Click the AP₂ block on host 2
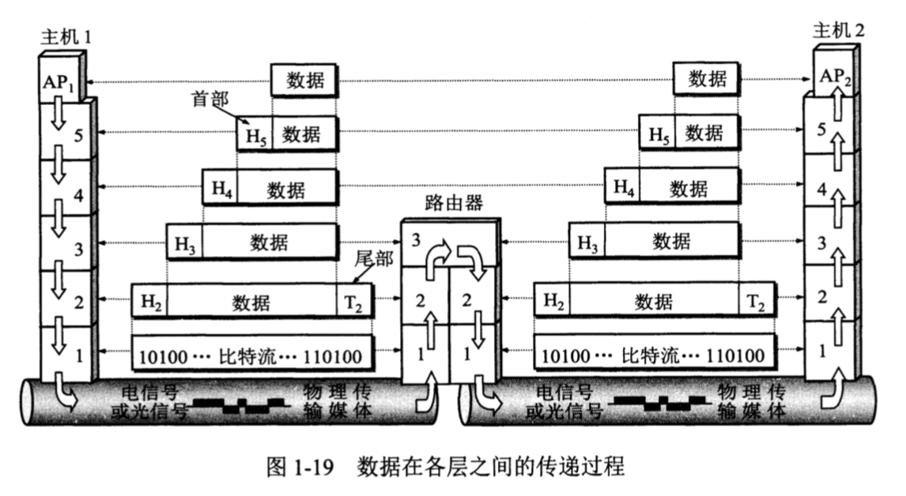tap(836, 77)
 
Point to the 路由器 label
tap(453, 203)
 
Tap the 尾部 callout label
tap(373, 260)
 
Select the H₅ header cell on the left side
tap(255, 134)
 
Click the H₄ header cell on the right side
tap(624, 187)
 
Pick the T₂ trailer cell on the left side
tap(353, 301)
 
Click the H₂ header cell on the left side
tap(151, 301)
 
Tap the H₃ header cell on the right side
tap(587, 242)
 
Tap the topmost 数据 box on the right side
tap(708, 78)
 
